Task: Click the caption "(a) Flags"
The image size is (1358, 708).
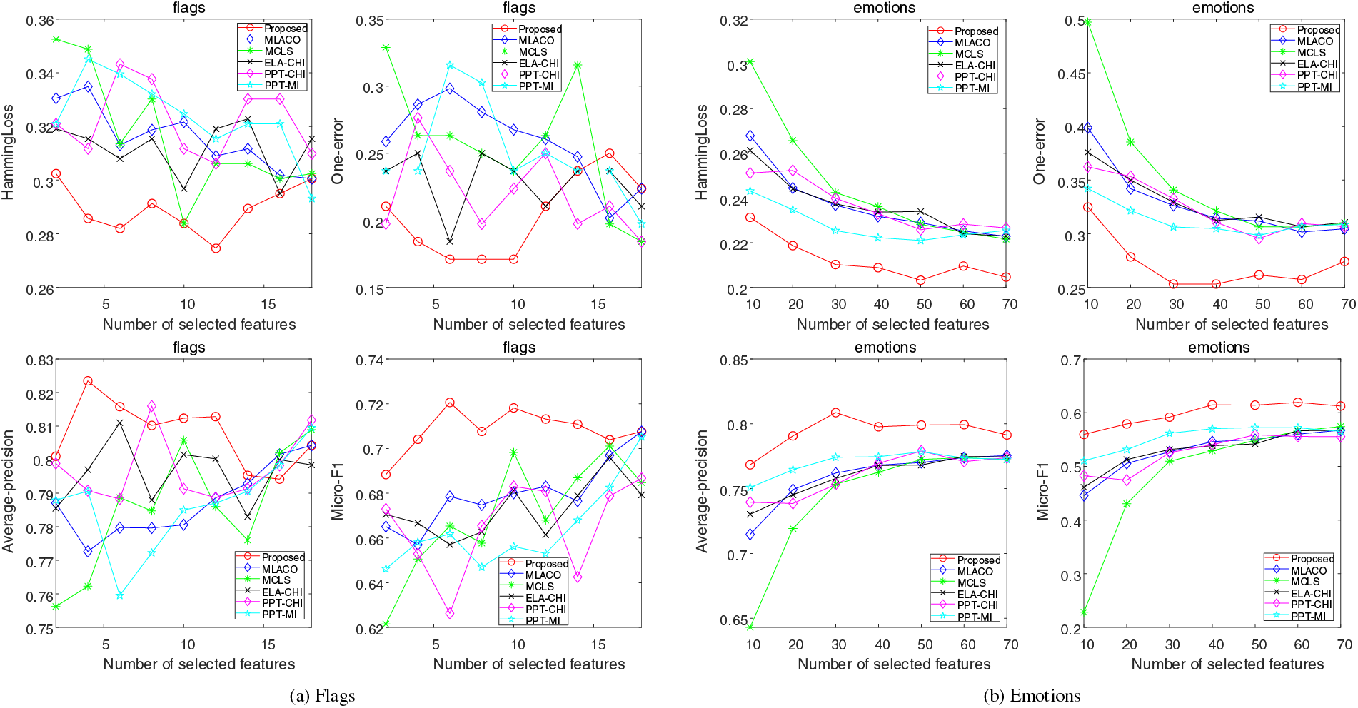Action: pos(322,696)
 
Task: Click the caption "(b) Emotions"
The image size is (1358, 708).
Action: pos(1032,696)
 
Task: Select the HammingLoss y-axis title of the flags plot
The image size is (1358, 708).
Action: pos(8,153)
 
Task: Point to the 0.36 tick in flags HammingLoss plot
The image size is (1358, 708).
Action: pos(39,21)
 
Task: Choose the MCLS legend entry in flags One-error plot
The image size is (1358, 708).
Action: pos(533,52)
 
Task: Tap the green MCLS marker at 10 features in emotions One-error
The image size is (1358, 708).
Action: pos(1088,22)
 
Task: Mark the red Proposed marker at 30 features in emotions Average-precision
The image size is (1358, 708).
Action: pos(835,413)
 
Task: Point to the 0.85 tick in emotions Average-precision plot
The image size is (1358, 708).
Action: pos(733,360)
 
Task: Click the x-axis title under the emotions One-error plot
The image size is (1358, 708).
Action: pos(1232,325)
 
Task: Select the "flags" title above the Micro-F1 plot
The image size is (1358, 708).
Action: pos(519,348)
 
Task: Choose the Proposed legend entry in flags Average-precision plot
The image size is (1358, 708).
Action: pos(283,557)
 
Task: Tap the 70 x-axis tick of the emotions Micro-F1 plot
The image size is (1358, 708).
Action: pos(1344,644)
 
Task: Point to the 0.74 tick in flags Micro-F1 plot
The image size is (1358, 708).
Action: pos(369,360)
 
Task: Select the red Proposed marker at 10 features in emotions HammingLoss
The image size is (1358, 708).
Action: pos(750,218)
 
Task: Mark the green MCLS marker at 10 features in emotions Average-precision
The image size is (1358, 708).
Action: pos(750,627)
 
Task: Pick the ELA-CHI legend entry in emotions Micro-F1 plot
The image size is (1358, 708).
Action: pos(1311,593)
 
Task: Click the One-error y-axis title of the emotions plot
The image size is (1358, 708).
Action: pos(1040,152)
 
